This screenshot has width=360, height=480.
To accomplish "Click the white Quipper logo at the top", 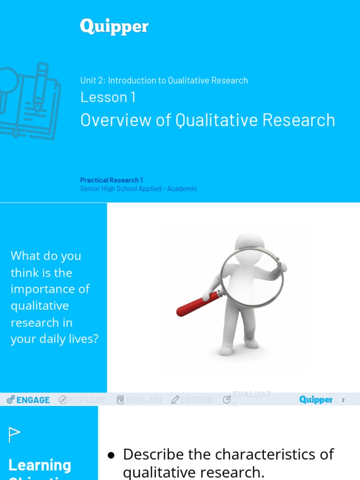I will pyautogui.click(x=114, y=27).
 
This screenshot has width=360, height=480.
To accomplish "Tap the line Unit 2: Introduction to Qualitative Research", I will pyautogui.click(x=164, y=80).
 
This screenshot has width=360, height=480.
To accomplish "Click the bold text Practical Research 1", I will pyautogui.click(x=112, y=180).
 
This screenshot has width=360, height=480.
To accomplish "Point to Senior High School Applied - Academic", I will pyautogui.click(x=138, y=189).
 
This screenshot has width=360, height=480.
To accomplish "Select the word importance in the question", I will pyautogui.click(x=44, y=289).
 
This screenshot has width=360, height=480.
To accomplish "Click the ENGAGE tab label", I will pyautogui.click(x=33, y=400).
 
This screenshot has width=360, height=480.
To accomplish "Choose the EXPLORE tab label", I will pyautogui.click(x=88, y=400).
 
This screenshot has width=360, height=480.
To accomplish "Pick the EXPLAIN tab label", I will pyautogui.click(x=144, y=400).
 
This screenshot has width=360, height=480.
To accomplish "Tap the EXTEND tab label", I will pyautogui.click(x=196, y=400).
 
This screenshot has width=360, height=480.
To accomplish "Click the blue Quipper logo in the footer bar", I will pyautogui.click(x=316, y=400).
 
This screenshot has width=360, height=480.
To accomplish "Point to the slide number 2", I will pyautogui.click(x=343, y=400).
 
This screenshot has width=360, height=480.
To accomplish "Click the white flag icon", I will pyautogui.click(x=14, y=435).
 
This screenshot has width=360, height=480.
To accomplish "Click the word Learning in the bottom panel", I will pyautogui.click(x=40, y=465).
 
